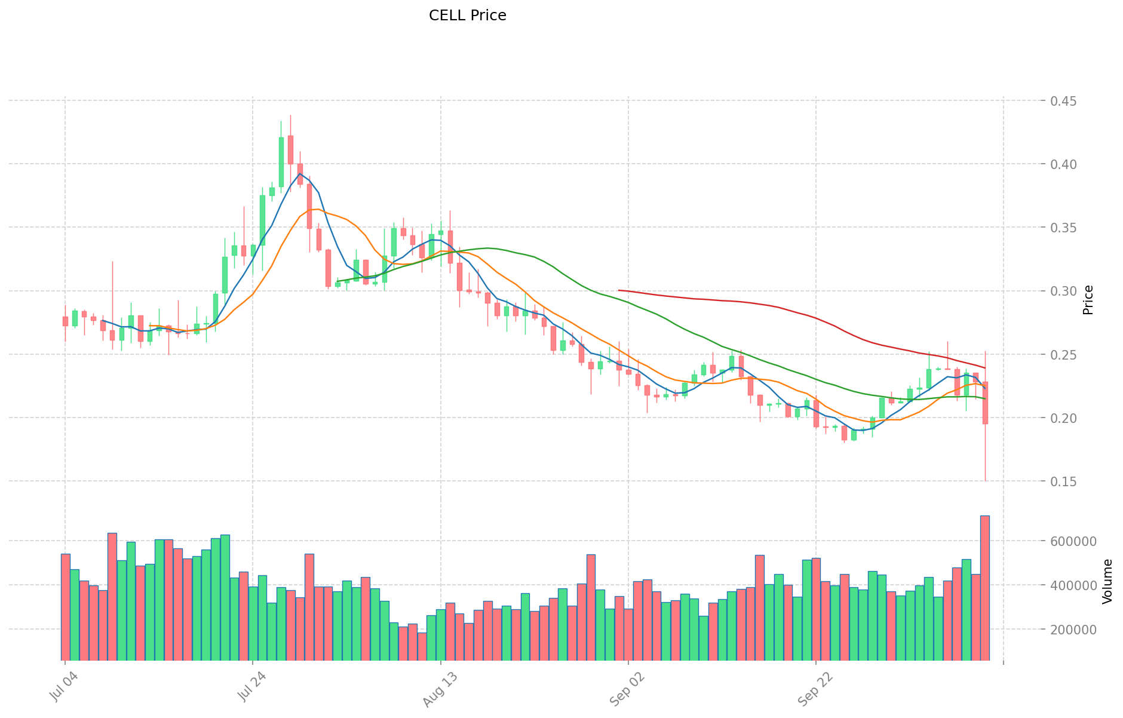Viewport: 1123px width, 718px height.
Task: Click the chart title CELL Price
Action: [x=467, y=16]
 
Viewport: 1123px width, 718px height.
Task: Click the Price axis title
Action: [x=1088, y=300]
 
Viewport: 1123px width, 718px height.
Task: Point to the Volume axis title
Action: [x=1107, y=581]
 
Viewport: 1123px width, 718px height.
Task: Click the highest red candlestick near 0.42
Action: [x=290, y=149]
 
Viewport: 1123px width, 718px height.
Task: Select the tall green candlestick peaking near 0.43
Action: [x=281, y=161]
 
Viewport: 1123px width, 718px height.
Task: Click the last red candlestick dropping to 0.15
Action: [x=984, y=403]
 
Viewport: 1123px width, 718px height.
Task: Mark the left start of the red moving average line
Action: [x=619, y=290]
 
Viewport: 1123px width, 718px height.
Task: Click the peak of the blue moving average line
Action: [x=300, y=174]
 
